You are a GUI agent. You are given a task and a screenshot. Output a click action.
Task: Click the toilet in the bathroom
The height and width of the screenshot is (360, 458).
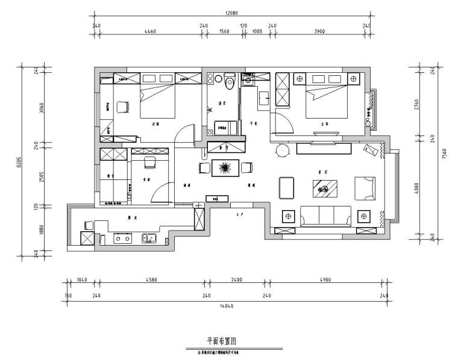(x=228, y=83)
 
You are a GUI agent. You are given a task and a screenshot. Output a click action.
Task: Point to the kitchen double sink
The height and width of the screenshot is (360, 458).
(x=149, y=238)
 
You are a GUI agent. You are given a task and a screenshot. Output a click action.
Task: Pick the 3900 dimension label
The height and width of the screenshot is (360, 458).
(x=319, y=31)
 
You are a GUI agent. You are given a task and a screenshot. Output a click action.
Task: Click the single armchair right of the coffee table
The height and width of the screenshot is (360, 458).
(x=365, y=187)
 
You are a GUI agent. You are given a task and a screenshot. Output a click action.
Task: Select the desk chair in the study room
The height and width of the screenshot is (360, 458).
(x=149, y=162)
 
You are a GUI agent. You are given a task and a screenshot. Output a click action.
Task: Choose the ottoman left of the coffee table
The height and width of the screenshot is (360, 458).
(x=286, y=187)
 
